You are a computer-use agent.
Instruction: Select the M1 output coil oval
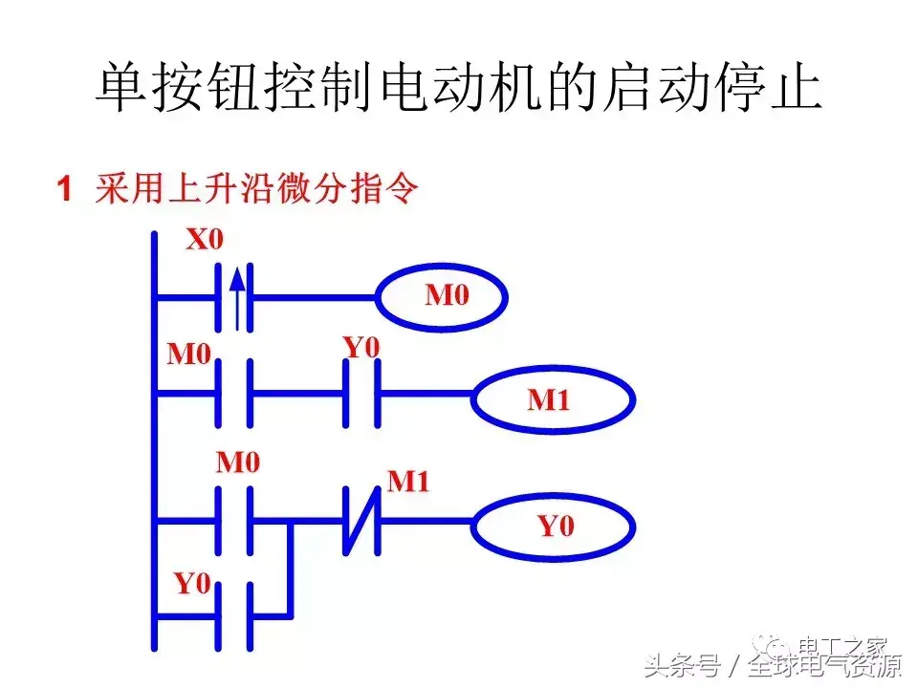coord(553,400)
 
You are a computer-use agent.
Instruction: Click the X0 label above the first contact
coord(204,239)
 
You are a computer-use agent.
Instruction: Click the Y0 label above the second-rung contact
coord(361,348)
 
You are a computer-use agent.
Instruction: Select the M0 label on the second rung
coord(188,355)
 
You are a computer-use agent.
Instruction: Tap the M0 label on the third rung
coord(238,463)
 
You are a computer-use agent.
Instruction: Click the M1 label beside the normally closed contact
coord(408,482)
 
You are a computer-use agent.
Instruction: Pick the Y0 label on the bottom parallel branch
coord(191,583)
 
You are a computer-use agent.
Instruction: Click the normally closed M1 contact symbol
coord(362,522)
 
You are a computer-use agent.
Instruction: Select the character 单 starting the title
coord(120,89)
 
